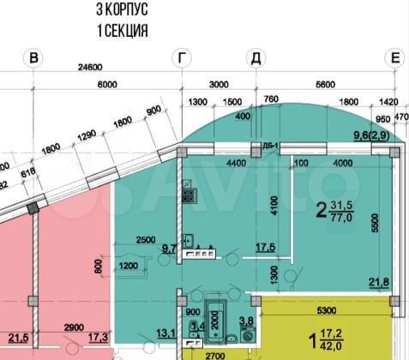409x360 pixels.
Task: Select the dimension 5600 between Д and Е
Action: pos(325,85)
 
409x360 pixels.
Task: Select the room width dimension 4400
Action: pos(214,164)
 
